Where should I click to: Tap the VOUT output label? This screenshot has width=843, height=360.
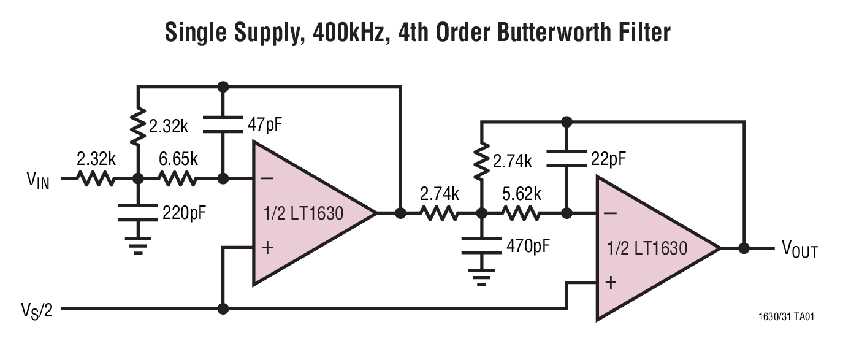(x=798, y=249)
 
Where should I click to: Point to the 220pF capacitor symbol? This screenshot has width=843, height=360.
(x=138, y=212)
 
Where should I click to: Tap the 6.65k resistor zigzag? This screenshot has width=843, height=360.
(x=178, y=179)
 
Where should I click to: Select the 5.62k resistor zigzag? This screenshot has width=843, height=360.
(x=521, y=214)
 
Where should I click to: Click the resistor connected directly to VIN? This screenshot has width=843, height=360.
(x=95, y=179)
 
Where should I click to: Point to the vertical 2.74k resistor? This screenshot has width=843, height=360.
(x=482, y=161)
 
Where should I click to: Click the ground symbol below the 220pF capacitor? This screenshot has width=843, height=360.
(x=138, y=247)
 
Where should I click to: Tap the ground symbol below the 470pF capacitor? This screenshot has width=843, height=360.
(x=482, y=280)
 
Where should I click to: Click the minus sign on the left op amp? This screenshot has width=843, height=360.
(x=267, y=179)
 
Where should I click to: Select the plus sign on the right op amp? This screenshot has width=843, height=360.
(x=610, y=283)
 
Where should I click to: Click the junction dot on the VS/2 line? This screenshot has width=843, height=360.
(x=223, y=309)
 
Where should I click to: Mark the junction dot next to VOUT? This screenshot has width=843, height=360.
(x=744, y=248)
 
